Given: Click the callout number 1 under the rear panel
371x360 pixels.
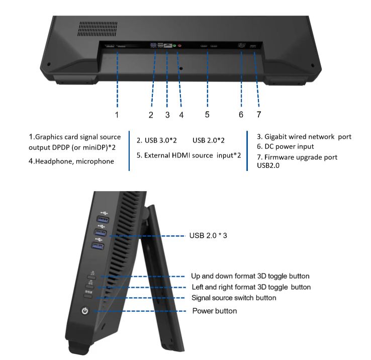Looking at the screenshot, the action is [x=117, y=115].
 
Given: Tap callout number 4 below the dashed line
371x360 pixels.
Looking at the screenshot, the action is [x=181, y=115].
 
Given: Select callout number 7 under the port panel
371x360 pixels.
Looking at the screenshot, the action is [x=259, y=115].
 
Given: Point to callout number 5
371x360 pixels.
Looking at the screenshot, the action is [x=207, y=115].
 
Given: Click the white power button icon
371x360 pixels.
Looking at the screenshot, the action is [x=85, y=311].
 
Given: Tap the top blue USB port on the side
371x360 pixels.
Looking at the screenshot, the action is [x=103, y=219].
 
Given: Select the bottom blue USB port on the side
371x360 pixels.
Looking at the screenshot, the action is [x=98, y=246].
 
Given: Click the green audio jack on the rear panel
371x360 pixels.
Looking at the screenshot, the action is [x=174, y=46].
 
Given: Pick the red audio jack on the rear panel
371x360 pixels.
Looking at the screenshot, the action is [x=179, y=46].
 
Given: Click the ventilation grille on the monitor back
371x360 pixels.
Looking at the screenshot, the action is [x=98, y=29].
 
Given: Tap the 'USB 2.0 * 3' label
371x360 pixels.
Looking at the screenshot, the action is [x=208, y=235].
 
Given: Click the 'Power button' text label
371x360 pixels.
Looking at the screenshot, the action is [x=215, y=311].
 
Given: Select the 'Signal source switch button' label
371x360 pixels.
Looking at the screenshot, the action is [x=234, y=298].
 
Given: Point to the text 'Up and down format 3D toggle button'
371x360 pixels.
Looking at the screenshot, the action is [x=250, y=276].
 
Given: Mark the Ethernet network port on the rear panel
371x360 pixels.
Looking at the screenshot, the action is [x=168, y=45].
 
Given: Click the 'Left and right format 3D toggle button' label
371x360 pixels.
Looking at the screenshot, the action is [x=251, y=287].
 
